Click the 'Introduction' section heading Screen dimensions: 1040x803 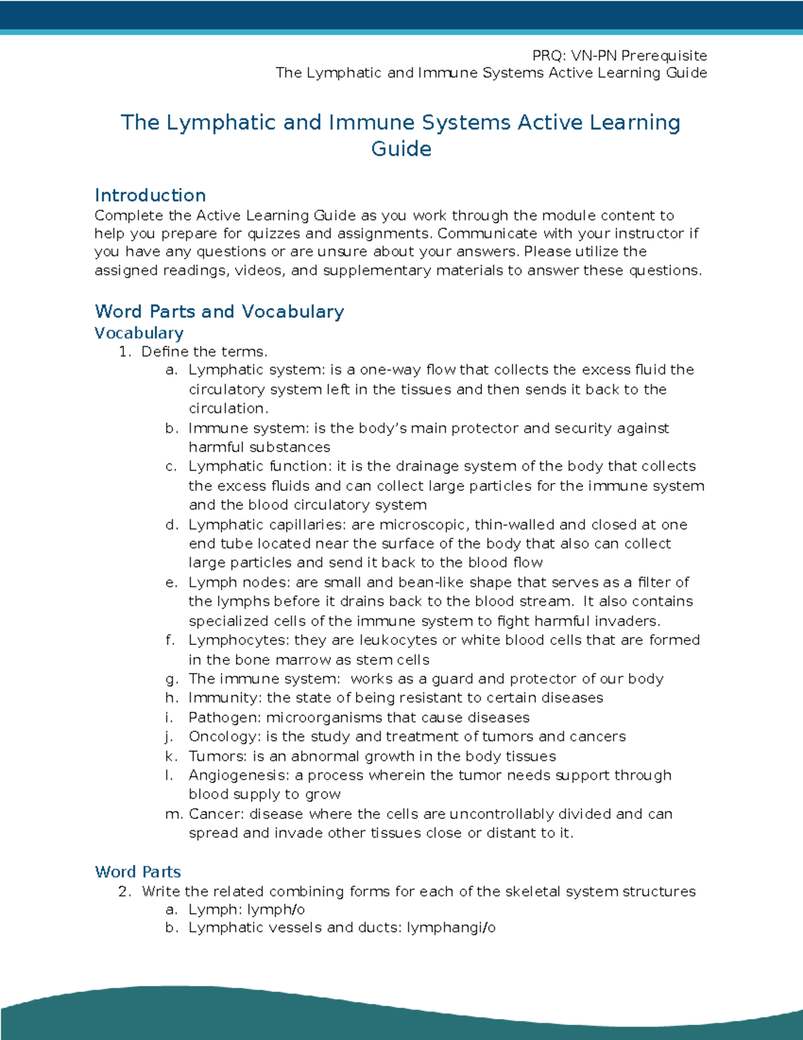click(150, 196)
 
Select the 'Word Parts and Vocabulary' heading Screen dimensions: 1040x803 click(219, 311)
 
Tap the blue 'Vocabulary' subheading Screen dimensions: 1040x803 click(139, 333)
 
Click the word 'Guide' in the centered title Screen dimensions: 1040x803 click(401, 149)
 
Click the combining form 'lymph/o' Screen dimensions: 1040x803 click(276, 909)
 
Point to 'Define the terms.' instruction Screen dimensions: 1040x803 click(204, 352)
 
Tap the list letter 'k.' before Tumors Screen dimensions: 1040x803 click(171, 756)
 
